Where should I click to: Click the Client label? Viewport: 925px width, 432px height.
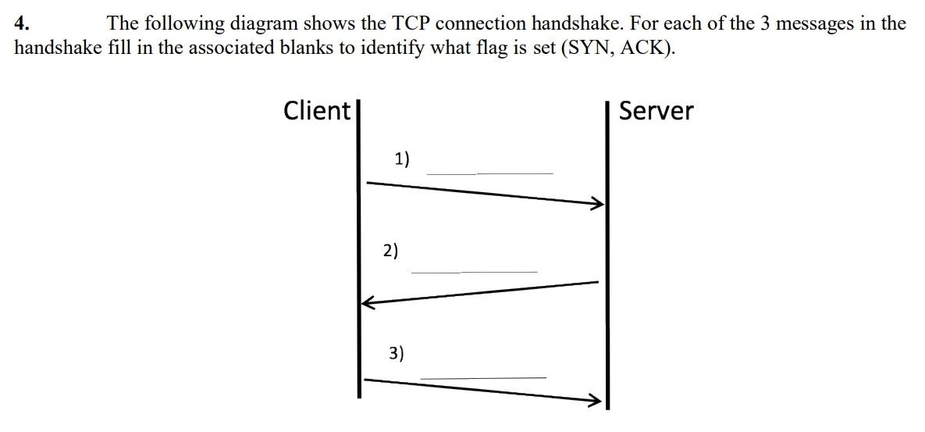pos(317,110)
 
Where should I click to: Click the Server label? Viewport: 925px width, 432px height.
pos(656,111)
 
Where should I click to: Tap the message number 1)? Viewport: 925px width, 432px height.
pos(402,159)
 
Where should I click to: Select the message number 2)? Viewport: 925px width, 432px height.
pos(390,251)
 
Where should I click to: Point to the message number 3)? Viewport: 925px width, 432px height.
pos(397,353)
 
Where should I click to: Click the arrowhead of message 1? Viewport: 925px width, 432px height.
pos(598,204)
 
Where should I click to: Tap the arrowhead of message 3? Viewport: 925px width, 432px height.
pos(596,402)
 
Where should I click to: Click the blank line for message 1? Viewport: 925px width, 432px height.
pos(489,173)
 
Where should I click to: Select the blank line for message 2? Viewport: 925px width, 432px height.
pos(475,272)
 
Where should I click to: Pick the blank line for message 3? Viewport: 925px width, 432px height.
pos(483,378)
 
